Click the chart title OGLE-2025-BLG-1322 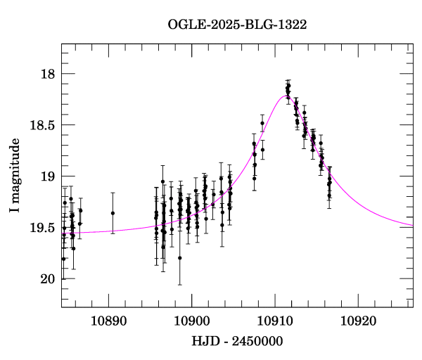[x=237, y=25]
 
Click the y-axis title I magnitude [x=15, y=176]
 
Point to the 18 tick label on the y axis [x=46, y=74]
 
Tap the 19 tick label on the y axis [x=46, y=176]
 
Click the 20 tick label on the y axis [x=46, y=279]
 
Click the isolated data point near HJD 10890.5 [x=113, y=213]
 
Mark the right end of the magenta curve [x=413, y=226]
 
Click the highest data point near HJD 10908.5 [x=262, y=123]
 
